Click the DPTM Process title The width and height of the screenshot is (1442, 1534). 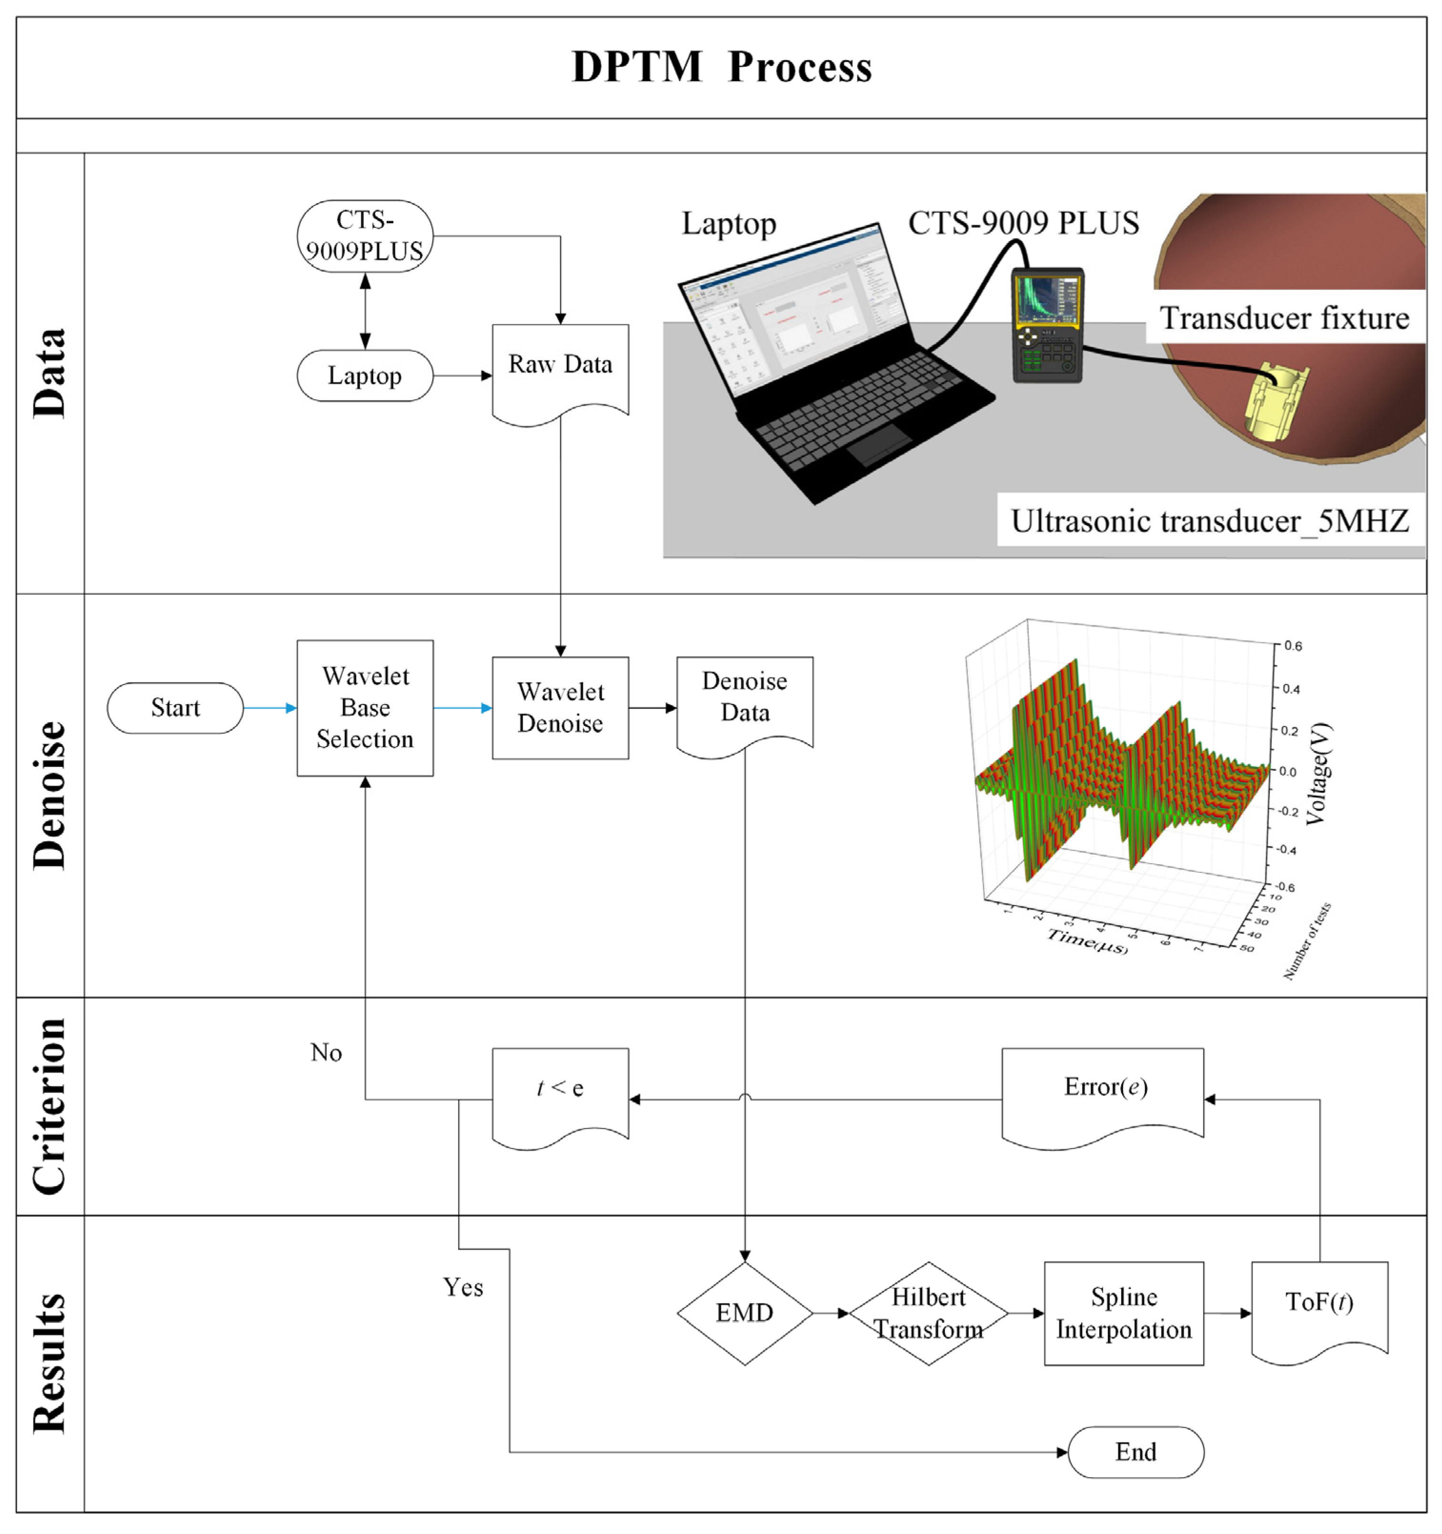[721, 67]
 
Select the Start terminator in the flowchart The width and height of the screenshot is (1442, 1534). [175, 707]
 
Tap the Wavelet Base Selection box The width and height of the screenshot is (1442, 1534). [365, 707]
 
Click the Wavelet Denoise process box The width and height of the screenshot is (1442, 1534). [560, 707]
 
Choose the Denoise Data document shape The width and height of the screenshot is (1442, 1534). [745, 698]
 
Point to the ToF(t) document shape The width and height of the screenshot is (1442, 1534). [1319, 1304]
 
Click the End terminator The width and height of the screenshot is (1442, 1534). [1135, 1452]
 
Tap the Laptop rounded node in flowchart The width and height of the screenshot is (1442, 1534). [365, 376]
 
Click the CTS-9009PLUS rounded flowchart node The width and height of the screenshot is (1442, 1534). [365, 236]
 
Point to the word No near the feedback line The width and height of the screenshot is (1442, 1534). [326, 1053]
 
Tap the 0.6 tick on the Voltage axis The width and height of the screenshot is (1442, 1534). [1292, 646]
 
